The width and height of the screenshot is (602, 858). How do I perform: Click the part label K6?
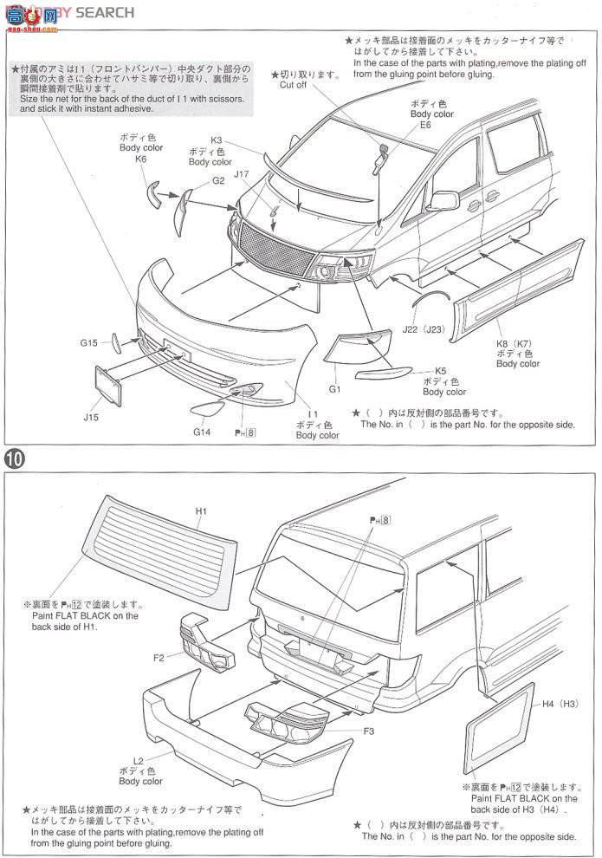click(139, 159)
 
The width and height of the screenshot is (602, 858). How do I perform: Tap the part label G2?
click(218, 180)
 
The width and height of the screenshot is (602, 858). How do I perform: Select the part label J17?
click(242, 174)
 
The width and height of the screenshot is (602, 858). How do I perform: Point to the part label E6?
click(424, 125)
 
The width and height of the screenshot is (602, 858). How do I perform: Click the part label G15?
click(90, 343)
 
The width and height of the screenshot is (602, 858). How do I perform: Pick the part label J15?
click(91, 418)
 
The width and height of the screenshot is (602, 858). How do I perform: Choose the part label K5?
click(440, 370)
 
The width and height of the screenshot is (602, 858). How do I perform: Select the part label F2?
click(159, 658)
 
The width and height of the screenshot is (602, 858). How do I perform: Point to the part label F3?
click(368, 731)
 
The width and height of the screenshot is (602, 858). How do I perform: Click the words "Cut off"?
click(293, 85)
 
